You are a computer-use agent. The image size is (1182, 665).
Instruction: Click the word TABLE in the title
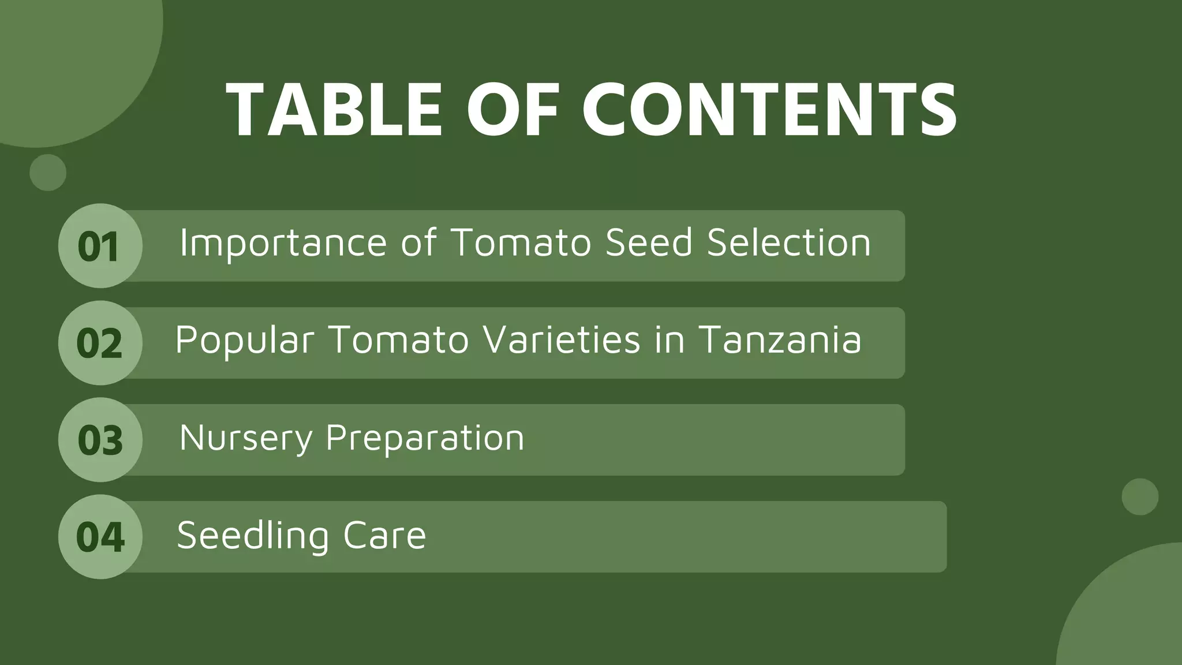335,109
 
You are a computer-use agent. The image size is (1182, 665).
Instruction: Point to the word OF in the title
513,109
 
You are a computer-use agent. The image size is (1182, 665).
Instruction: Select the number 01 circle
100,246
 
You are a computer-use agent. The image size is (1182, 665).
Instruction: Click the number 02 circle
100,343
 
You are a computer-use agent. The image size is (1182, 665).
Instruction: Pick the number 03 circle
100,440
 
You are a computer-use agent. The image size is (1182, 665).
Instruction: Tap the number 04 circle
100,537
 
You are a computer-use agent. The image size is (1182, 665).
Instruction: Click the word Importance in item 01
283,243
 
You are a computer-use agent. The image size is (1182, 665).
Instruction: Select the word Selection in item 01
789,243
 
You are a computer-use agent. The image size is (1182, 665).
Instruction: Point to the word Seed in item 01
649,243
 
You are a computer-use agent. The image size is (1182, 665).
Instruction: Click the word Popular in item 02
245,340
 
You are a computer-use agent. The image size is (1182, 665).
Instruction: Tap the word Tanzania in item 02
780,340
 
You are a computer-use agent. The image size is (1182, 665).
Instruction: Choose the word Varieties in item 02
562,340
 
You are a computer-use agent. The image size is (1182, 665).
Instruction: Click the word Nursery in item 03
246,438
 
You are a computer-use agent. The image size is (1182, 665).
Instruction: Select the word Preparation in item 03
425,438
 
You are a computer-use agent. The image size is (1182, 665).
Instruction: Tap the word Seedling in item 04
253,536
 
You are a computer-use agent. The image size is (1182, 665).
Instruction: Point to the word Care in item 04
384,536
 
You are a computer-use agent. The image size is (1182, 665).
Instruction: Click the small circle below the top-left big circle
48,173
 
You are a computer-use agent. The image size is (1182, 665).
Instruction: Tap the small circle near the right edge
1140,496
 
